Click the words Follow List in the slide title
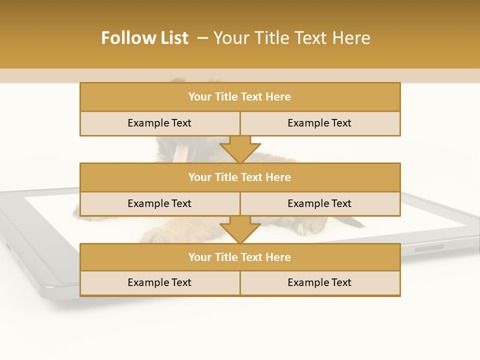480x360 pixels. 144,38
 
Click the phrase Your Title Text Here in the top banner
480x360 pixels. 291,38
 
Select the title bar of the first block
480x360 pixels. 240,97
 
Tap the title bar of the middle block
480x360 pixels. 240,177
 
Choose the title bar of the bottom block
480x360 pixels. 240,257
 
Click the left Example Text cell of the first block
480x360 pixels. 159,123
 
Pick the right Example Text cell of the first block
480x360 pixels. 319,123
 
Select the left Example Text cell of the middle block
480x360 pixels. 159,204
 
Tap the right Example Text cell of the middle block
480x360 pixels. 319,204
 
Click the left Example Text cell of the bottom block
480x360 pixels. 159,283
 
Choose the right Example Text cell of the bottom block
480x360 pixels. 319,283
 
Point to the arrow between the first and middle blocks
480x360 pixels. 240,149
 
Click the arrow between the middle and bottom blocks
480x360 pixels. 240,229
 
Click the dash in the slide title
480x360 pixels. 202,38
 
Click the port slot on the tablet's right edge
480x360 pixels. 429,248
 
